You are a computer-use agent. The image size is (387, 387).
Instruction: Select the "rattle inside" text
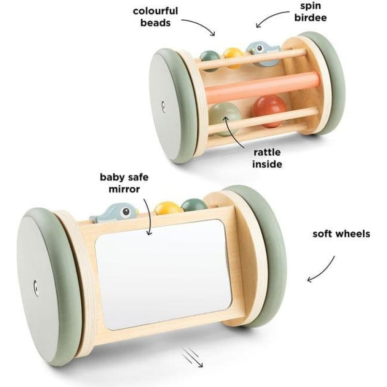(x=266, y=158)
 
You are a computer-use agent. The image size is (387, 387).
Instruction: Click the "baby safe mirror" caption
(x=123, y=182)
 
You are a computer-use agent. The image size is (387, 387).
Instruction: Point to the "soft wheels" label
(x=341, y=234)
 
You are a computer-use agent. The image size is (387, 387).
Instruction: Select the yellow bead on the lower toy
(x=168, y=208)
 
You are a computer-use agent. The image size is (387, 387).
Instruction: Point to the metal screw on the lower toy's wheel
(x=36, y=287)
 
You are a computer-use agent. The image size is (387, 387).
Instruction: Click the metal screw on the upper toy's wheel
(x=164, y=106)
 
